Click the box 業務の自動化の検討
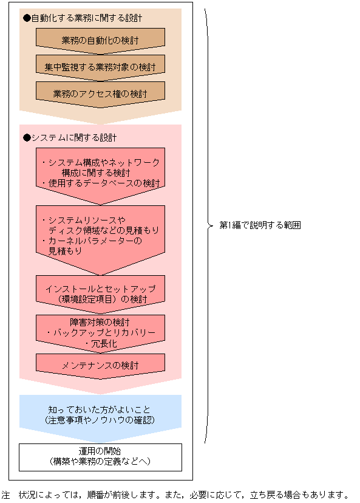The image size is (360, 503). click(100, 41)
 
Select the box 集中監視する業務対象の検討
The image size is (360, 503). click(100, 67)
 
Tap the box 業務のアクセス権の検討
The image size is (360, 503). click(100, 94)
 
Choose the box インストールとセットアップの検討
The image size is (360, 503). click(100, 292)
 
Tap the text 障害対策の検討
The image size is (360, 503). click(100, 321)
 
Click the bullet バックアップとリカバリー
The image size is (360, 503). click(100, 333)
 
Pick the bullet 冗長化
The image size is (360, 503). click(100, 344)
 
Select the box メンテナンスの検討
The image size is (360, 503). click(100, 366)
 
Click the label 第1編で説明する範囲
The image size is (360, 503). click(260, 225)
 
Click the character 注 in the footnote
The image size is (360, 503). click(6, 494)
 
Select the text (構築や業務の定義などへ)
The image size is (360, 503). click(100, 462)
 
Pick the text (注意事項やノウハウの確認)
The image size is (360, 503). click(100, 420)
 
